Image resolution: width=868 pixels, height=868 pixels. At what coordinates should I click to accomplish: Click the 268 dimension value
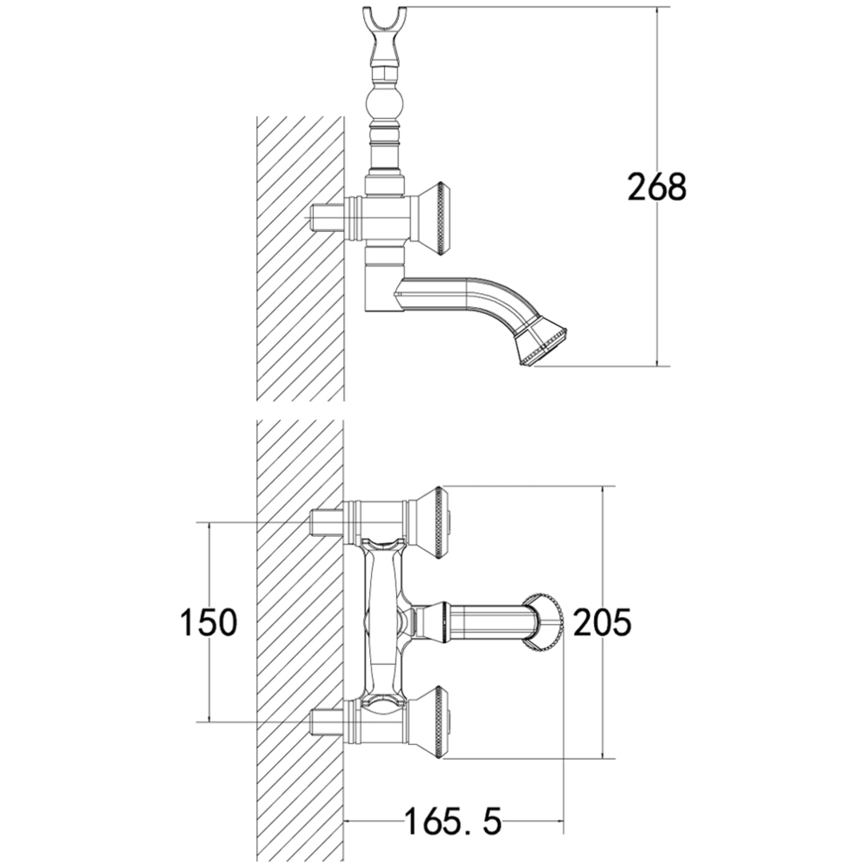point(657,187)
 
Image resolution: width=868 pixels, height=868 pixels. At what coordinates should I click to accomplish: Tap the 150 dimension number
point(209,622)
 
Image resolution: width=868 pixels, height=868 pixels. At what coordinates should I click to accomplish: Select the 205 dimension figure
point(603,622)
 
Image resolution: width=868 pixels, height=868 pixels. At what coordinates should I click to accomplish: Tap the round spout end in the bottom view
point(544,622)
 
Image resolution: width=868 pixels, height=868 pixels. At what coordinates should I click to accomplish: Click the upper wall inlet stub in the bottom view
point(328,523)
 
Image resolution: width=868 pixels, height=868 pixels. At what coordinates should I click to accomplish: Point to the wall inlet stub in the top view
point(328,218)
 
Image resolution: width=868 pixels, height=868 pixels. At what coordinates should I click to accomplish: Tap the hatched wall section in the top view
point(300,258)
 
